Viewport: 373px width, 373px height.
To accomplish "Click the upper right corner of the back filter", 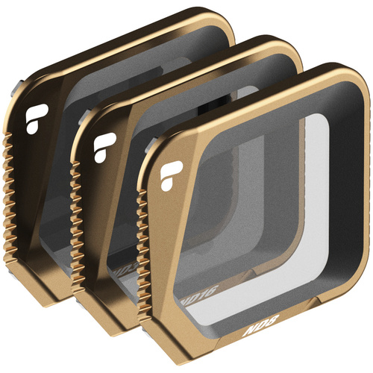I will coord(228,22).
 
